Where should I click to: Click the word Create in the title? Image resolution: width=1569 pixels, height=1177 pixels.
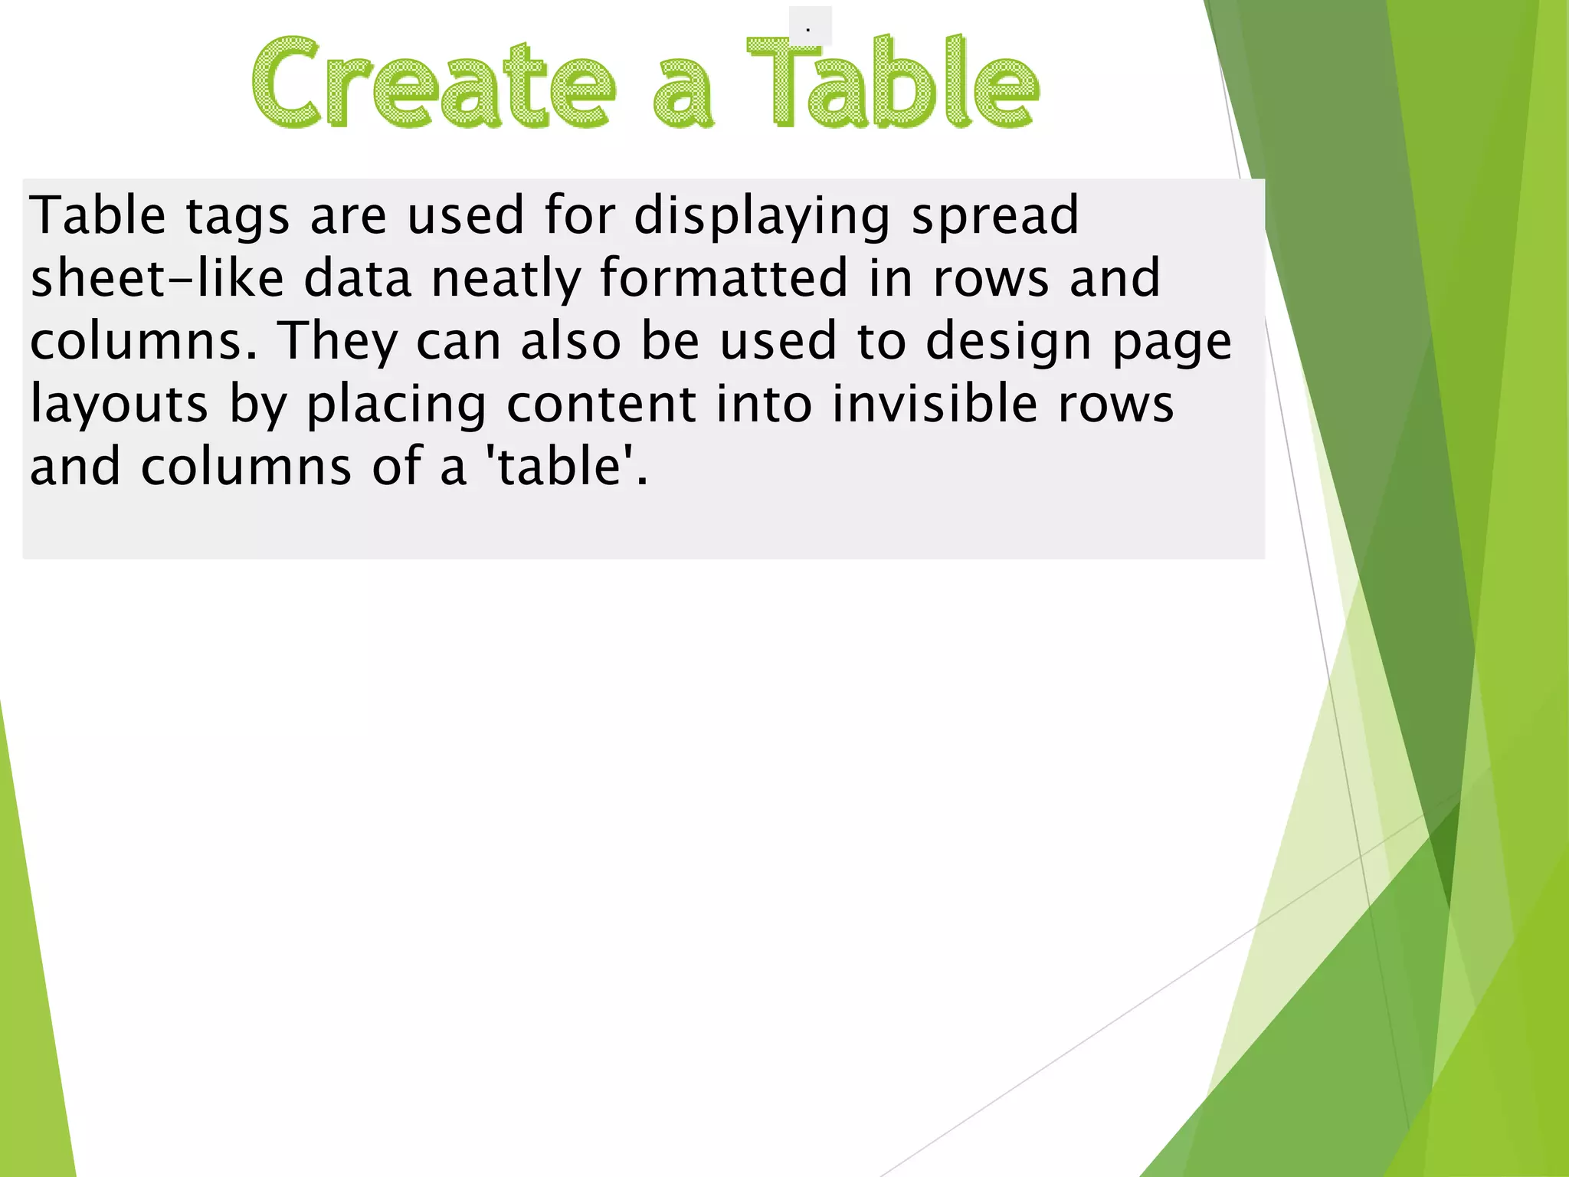[x=434, y=83]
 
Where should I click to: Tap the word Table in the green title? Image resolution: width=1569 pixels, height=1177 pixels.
[x=893, y=83]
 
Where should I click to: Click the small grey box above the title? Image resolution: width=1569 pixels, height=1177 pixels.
[x=810, y=26]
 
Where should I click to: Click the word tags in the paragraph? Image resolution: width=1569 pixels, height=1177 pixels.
[x=237, y=217]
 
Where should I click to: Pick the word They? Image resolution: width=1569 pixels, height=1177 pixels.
[x=336, y=342]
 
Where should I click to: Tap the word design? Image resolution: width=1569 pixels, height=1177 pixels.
[x=1008, y=342]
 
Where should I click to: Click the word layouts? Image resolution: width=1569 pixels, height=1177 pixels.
[x=119, y=405]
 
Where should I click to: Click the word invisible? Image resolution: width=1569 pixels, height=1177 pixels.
[x=934, y=404]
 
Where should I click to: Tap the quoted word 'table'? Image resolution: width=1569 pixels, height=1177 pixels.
[x=563, y=467]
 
